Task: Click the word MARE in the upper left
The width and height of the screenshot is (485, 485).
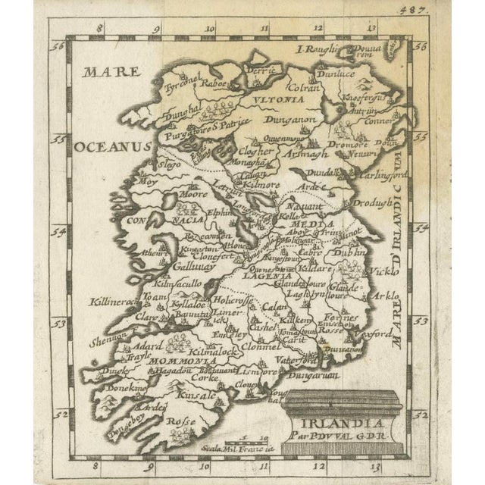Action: point(113,74)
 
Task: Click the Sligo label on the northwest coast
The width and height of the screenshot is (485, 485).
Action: point(169,164)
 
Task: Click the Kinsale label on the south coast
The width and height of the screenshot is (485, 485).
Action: point(192,394)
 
